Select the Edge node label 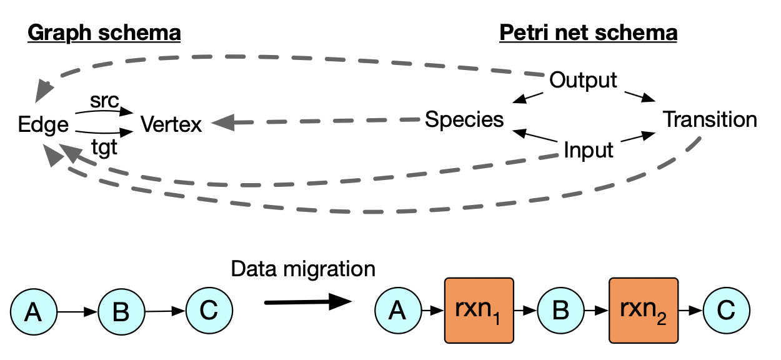pyautogui.click(x=43, y=125)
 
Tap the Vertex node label pyautogui.click(x=171, y=124)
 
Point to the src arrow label pyautogui.click(x=104, y=102)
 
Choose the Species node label pyautogui.click(x=464, y=119)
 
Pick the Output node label pyautogui.click(x=583, y=80)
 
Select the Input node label pyautogui.click(x=588, y=150)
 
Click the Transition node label pyautogui.click(x=710, y=119)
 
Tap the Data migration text pyautogui.click(x=303, y=269)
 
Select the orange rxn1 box pyautogui.click(x=479, y=310)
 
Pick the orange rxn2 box pyautogui.click(x=644, y=310)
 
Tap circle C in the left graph pyautogui.click(x=209, y=310)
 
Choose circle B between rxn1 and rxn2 pyautogui.click(x=560, y=310)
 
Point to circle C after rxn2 pyautogui.click(x=726, y=310)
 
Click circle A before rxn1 pyautogui.click(x=397, y=310)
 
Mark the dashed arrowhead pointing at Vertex pyautogui.click(x=222, y=122)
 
